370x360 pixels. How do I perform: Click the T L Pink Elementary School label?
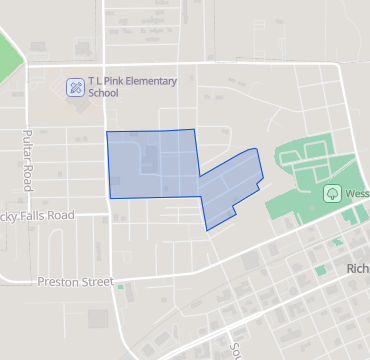[132, 86]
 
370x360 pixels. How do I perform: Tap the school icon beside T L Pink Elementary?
[75, 87]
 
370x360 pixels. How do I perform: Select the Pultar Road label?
[28, 160]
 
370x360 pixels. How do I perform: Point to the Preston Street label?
[74, 281]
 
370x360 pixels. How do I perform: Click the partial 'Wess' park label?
[356, 194]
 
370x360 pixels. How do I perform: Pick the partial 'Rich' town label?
[357, 269]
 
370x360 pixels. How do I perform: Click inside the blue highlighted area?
[150, 165]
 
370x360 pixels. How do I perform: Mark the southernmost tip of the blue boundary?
[207, 231]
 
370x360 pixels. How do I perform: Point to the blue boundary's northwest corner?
[107, 133]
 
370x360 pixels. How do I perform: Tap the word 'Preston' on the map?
[55, 281]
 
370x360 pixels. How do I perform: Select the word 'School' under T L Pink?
[103, 93]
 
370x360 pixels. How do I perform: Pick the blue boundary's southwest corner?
[109, 198]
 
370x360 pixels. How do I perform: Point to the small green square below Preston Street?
[120, 288]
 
